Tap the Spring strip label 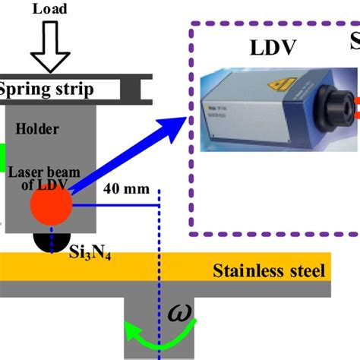click(47, 90)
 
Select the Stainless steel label click(269, 270)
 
